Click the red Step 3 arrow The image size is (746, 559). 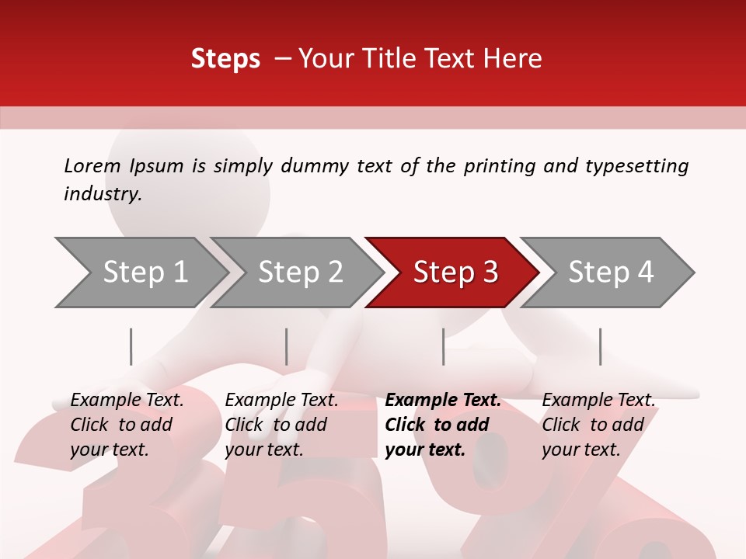click(x=455, y=273)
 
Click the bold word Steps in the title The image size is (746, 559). click(x=225, y=59)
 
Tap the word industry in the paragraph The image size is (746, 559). click(x=102, y=194)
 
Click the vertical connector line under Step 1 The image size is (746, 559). click(x=131, y=346)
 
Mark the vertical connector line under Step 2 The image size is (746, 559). click(x=287, y=346)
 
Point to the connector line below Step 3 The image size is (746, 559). click(x=443, y=346)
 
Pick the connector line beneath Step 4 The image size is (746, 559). click(x=600, y=346)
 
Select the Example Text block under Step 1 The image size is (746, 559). click(x=127, y=425)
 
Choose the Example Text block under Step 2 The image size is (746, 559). click(x=281, y=425)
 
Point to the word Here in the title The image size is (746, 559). click(x=513, y=59)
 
